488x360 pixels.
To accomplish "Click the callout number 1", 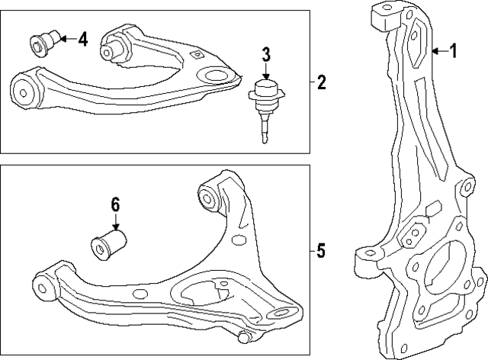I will [x=453, y=52].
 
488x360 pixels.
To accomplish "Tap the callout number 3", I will [x=266, y=53].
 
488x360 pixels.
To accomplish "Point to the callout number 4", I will [x=82, y=38].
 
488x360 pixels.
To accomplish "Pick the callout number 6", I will [x=115, y=204].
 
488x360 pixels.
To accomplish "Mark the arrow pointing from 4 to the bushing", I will [x=64, y=38].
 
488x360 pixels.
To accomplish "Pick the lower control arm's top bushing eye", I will [x=210, y=196].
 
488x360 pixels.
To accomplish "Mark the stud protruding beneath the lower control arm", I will [x=244, y=336].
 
